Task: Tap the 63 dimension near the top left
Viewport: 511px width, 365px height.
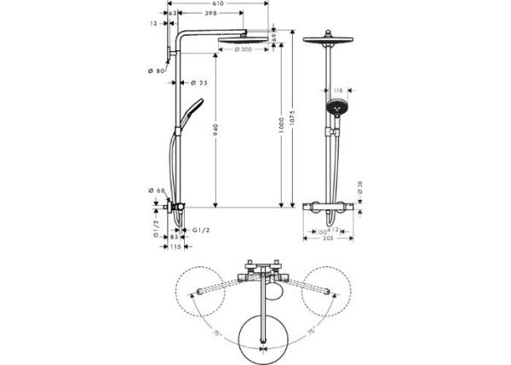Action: [x=173, y=14]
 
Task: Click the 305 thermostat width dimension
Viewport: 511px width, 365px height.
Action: [x=328, y=238]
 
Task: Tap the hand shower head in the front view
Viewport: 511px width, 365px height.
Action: [x=336, y=108]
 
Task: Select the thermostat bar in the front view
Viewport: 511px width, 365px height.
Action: [x=328, y=207]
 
